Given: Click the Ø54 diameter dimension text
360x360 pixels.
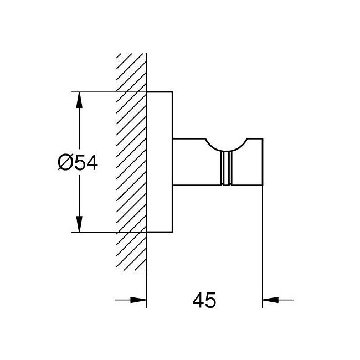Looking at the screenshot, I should click(78, 163).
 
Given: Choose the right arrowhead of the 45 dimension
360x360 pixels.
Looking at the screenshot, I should click(270, 300).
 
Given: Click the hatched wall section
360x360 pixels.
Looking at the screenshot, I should click(131, 161).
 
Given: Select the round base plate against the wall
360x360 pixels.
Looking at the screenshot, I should click(160, 161).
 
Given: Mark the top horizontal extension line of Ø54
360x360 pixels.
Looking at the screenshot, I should click(111, 91).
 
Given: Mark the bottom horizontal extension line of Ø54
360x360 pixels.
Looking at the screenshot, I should click(111, 232).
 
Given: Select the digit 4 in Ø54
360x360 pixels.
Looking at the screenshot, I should click(90, 163).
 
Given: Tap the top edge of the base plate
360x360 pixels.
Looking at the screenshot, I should click(160, 91).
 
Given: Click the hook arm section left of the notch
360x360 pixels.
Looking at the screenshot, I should click(192, 161).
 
